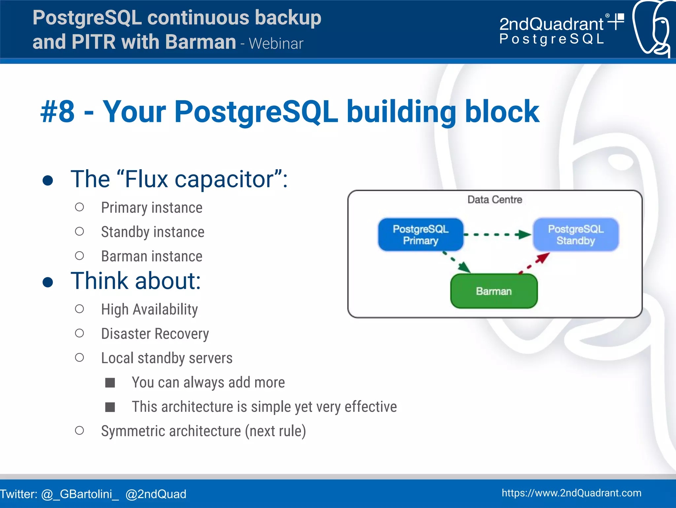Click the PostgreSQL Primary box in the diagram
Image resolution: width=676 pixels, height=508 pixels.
421,235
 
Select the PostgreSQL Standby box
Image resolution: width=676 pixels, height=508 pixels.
576,235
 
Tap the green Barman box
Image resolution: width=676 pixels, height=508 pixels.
494,291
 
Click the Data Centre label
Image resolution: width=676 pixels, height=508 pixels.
494,200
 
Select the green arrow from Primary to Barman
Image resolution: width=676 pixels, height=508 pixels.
457,262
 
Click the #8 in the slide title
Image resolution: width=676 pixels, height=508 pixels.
58,112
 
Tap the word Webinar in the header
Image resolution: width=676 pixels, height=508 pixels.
276,44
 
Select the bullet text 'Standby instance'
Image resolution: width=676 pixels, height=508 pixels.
152,232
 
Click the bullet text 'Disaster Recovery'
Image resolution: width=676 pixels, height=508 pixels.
155,334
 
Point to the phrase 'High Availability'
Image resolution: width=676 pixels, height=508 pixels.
149,310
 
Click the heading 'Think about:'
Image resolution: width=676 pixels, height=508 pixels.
136,281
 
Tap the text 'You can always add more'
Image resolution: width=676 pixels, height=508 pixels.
208,382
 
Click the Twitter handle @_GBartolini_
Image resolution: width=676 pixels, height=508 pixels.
80,494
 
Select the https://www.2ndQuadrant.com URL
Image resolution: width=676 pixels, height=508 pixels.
571,493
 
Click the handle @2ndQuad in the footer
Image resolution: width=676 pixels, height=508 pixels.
156,494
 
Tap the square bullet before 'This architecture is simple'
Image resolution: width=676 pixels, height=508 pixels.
110,407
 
